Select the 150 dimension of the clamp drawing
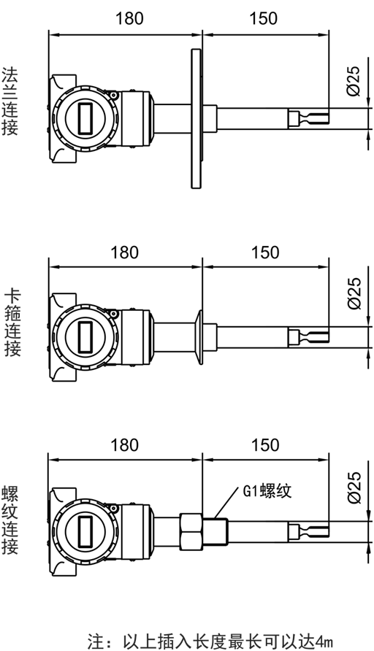point(265,253)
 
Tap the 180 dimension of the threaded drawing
point(124,444)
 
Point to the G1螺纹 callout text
point(267,490)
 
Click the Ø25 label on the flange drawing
point(354,81)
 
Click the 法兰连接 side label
point(10,101)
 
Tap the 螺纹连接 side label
point(10,520)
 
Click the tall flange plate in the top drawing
point(196,119)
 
